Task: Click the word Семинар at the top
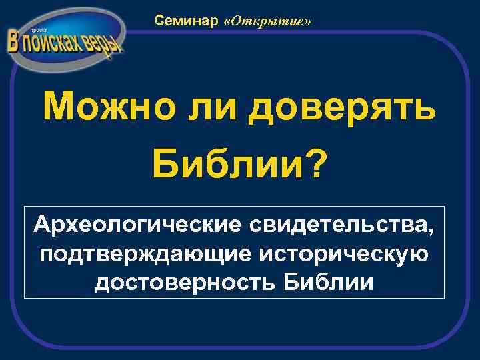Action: (186, 21)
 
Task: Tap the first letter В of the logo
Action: (13, 42)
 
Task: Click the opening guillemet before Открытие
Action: (229, 22)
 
